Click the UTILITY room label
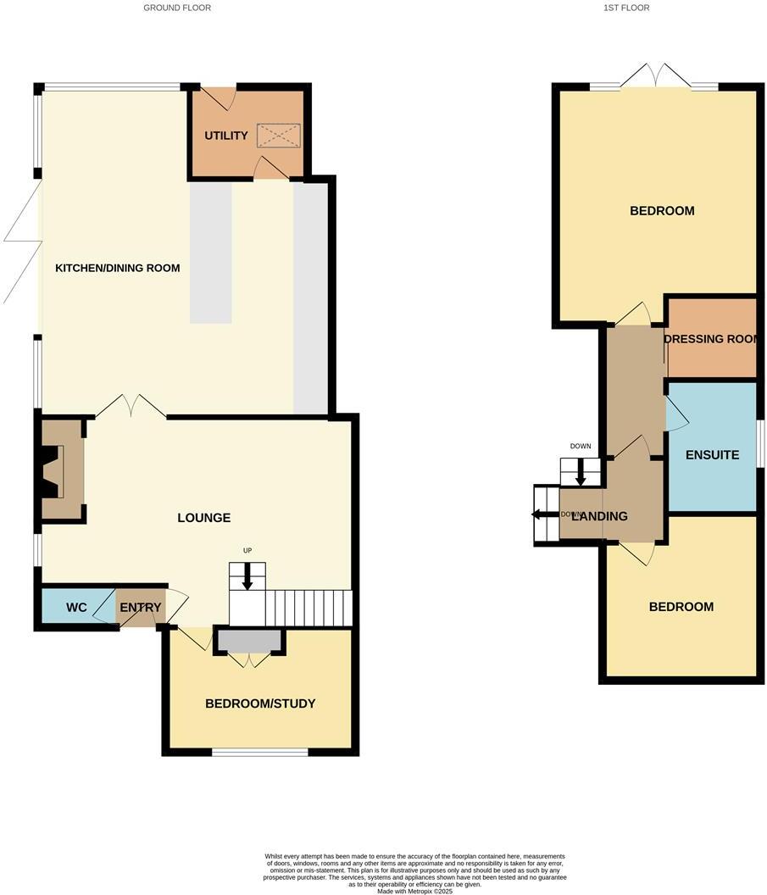point(226,136)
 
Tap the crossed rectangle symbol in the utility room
point(279,136)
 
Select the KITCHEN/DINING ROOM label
point(118,269)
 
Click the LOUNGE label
point(204,518)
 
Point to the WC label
point(77,609)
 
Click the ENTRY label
point(140,609)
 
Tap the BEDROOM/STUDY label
point(260,703)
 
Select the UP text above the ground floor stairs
point(247,551)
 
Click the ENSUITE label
point(712,455)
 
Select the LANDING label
point(599,516)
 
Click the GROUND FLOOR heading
point(177,8)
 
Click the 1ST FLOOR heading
point(626,8)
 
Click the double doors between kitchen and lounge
point(131,406)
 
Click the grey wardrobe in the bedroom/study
point(250,641)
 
